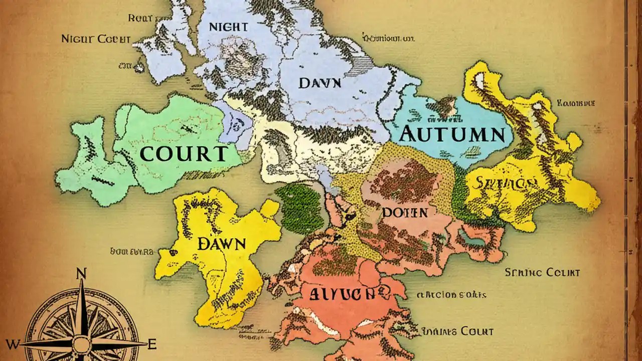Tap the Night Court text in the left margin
[96, 39]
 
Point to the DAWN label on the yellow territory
[221, 244]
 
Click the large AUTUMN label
[452, 134]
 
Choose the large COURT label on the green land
[184, 153]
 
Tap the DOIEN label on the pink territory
[405, 212]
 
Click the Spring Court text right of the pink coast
[542, 273]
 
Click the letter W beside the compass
[13, 344]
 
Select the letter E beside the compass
[153, 344]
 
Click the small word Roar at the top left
[140, 18]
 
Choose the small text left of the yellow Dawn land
[131, 251]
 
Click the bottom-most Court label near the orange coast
[457, 331]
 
